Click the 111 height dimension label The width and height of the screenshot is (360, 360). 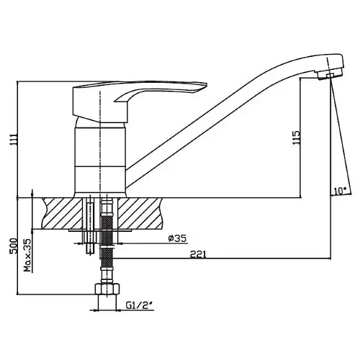14,139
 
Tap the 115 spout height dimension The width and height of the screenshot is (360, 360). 296,138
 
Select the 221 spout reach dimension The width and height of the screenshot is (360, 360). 198,254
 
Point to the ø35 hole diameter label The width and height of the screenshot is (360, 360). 177,238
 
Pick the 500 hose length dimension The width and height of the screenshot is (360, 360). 14,246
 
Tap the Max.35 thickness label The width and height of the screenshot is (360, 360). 28,255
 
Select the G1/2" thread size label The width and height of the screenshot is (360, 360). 140,305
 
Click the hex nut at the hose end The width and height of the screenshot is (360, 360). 107,289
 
